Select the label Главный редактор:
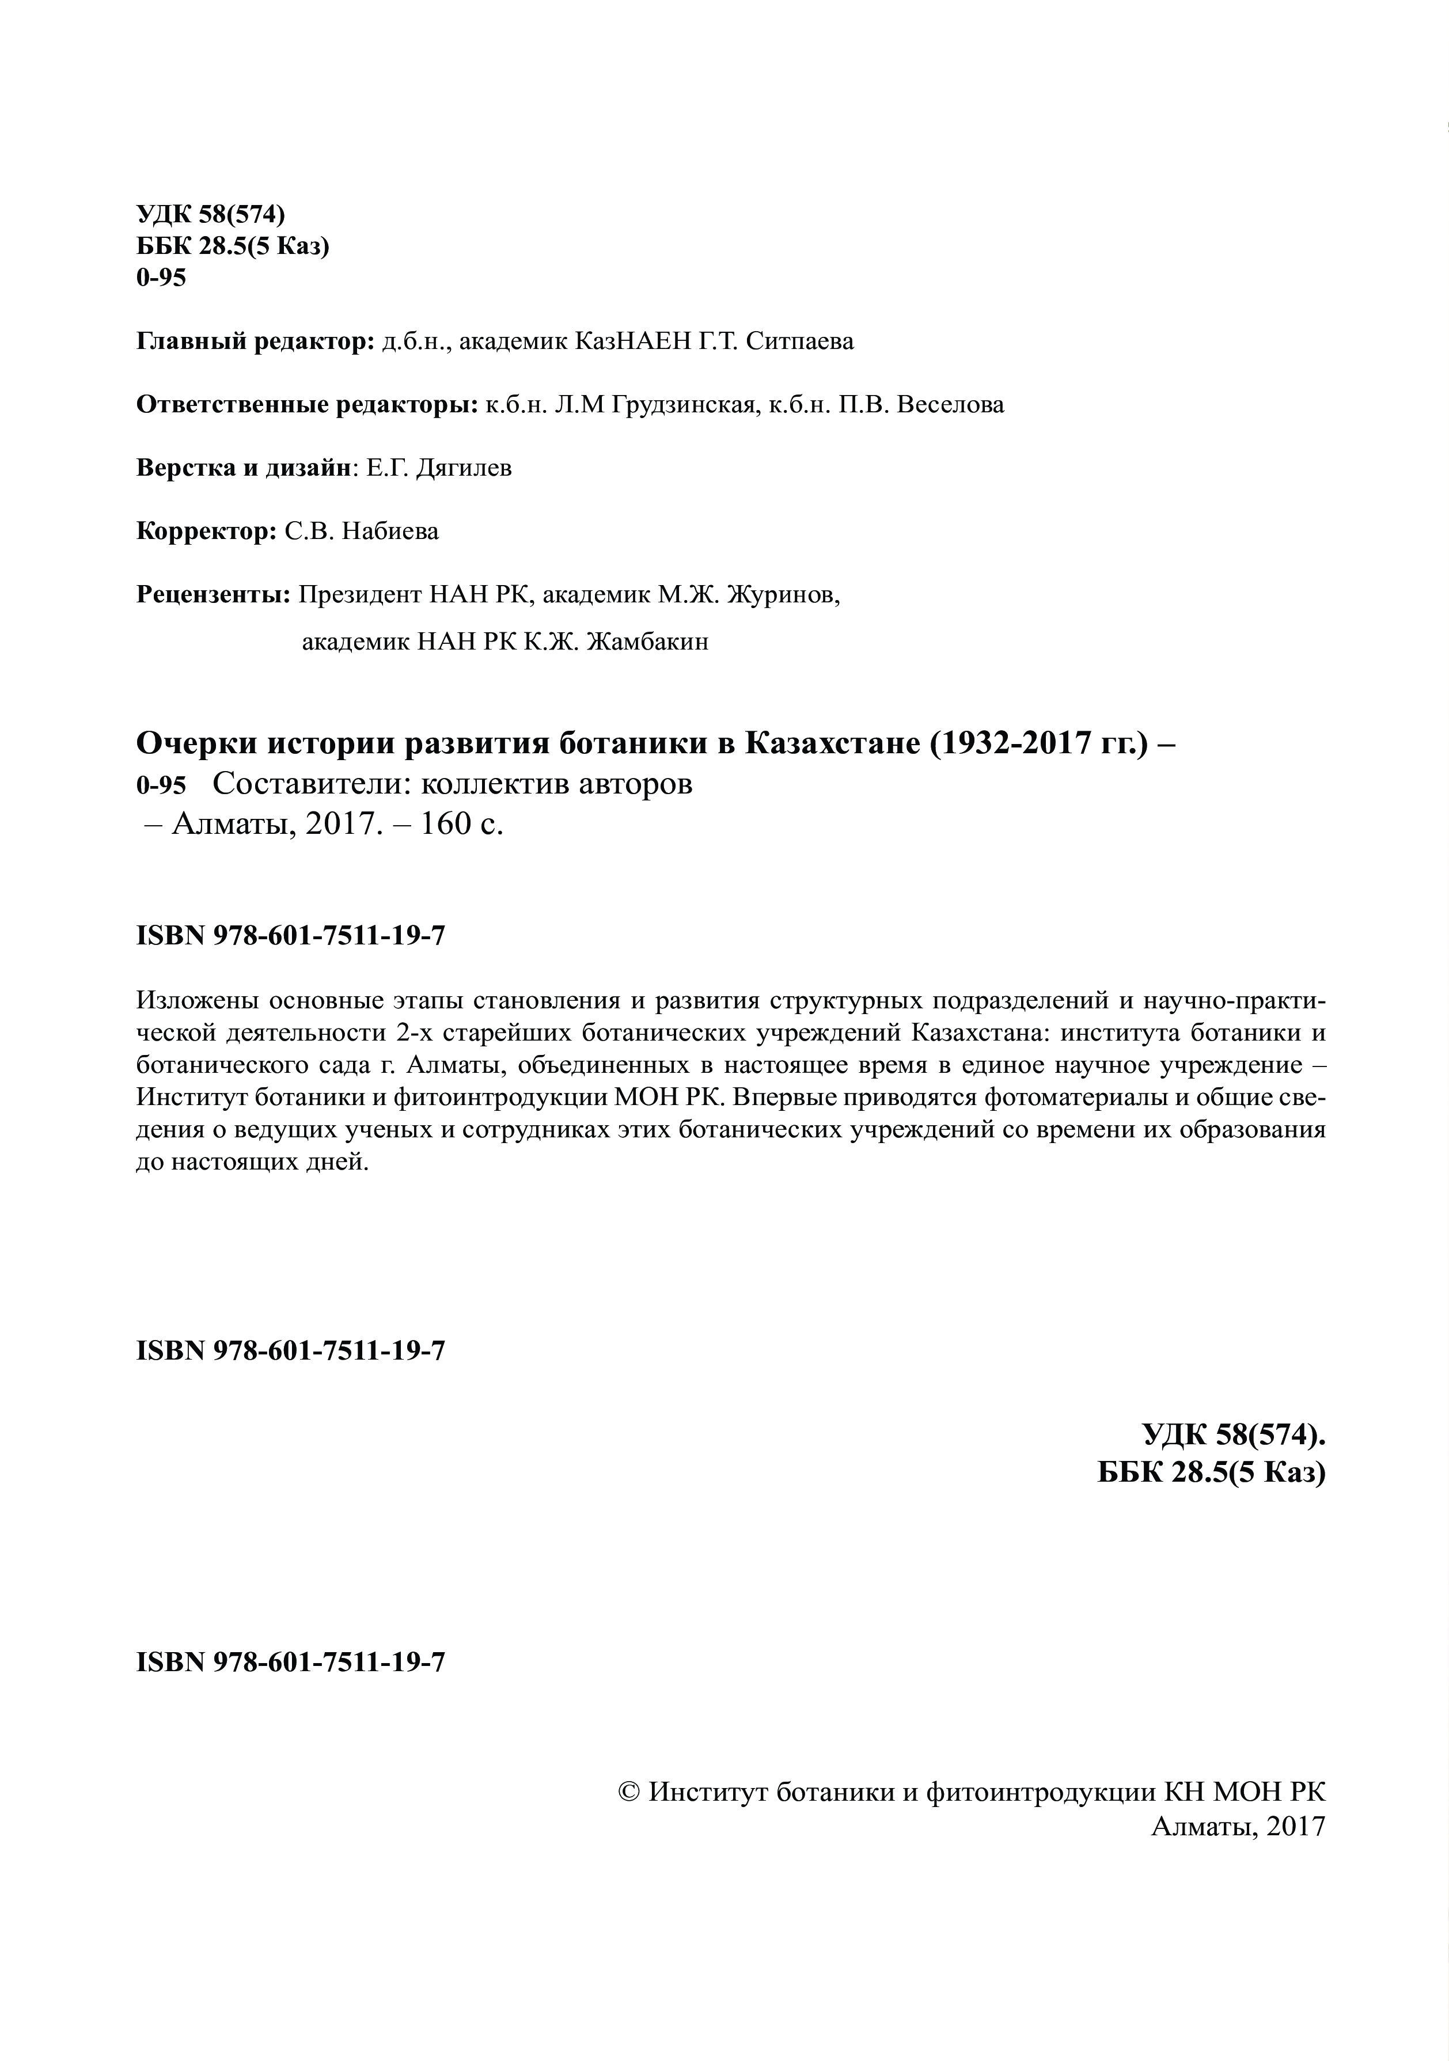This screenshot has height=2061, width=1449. (x=255, y=342)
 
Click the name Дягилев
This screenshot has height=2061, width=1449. (x=464, y=469)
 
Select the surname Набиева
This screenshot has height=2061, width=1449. (x=390, y=532)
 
